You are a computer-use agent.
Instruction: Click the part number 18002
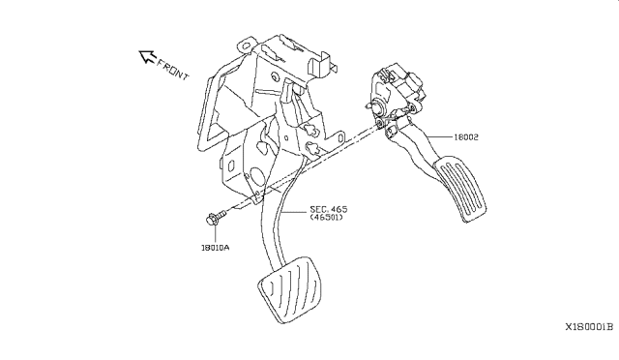tap(466, 137)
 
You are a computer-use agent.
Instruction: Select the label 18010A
tap(215, 248)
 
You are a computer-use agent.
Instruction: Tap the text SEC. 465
tap(329, 209)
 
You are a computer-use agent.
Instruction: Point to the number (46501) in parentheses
tap(327, 218)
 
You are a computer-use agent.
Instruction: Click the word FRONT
tap(173, 69)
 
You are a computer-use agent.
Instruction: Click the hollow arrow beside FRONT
tap(147, 56)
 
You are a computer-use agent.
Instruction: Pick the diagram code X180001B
tap(589, 327)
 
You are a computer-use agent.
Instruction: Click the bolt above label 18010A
tap(216, 218)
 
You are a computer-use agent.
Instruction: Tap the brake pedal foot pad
tap(290, 289)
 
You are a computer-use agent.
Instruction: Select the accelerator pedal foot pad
tap(460, 189)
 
